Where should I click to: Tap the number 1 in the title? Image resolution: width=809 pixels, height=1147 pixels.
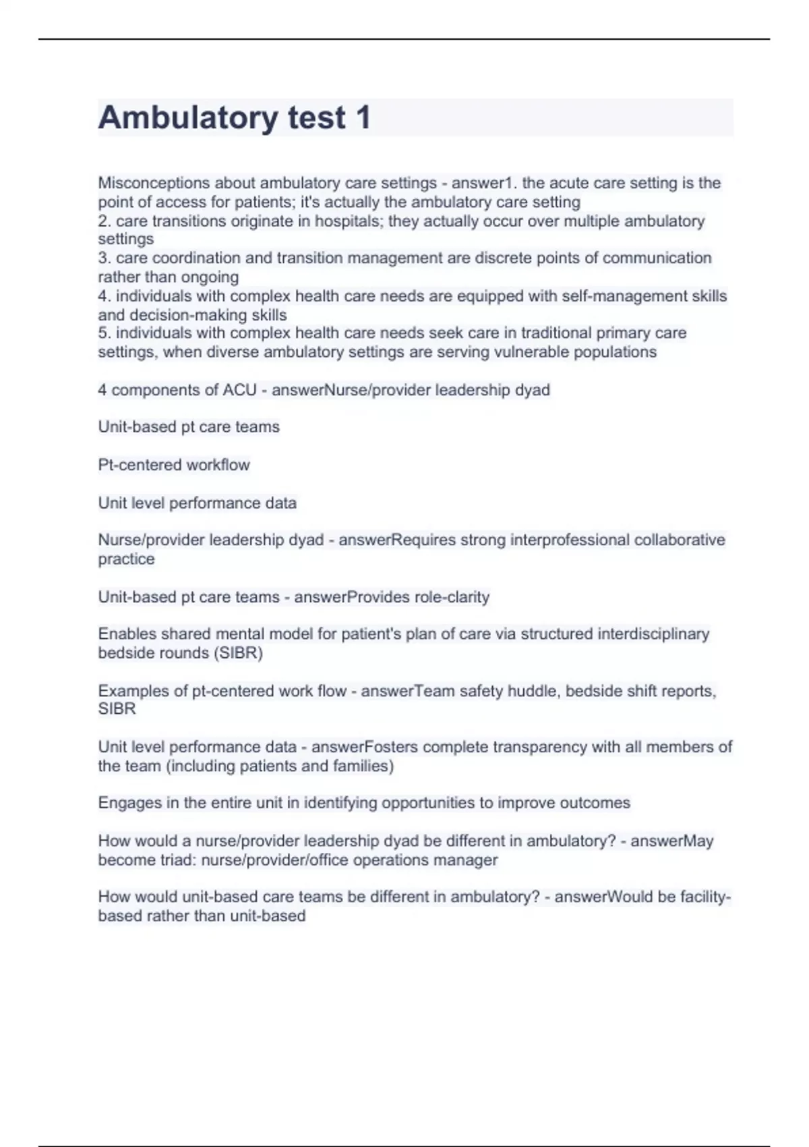pyautogui.click(x=363, y=118)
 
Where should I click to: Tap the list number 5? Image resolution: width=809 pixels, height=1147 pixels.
pyautogui.click(x=103, y=333)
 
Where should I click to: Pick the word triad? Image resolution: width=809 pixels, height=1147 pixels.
pyautogui.click(x=178, y=860)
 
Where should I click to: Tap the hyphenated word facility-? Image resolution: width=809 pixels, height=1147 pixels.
pyautogui.click(x=705, y=897)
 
